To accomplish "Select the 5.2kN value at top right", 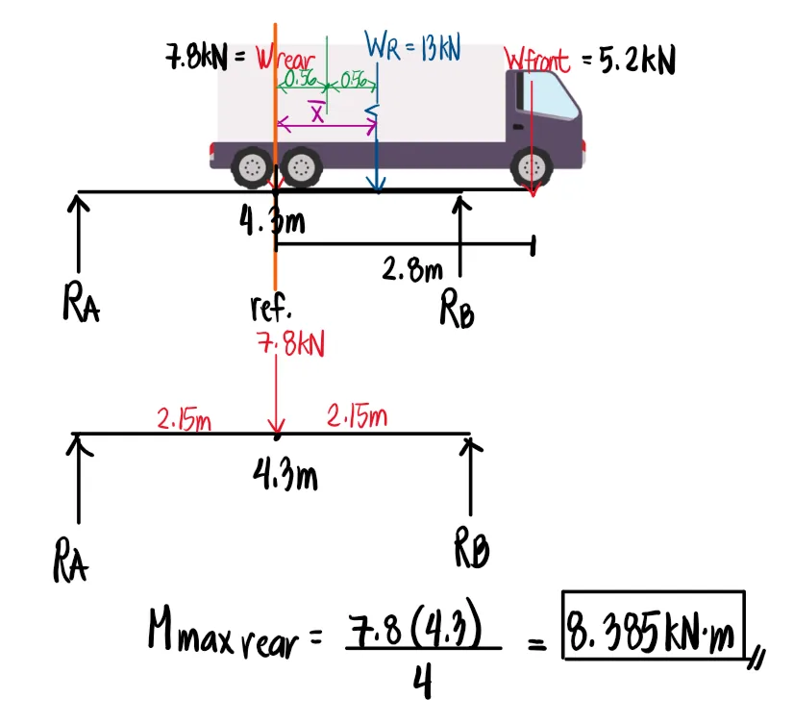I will click(x=636, y=61).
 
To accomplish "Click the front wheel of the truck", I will click(x=533, y=167).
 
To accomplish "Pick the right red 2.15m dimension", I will click(x=357, y=417).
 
